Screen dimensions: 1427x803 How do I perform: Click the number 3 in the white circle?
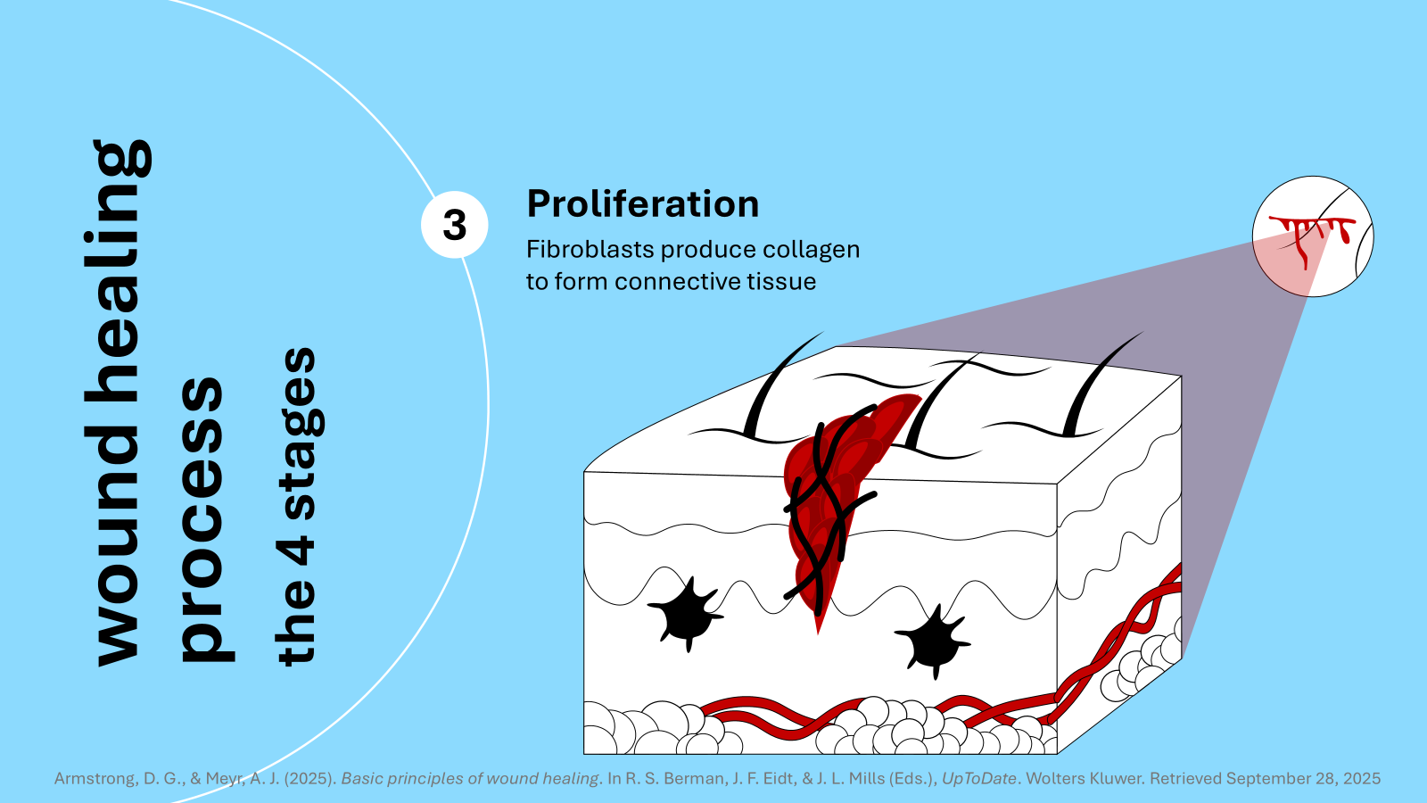455,225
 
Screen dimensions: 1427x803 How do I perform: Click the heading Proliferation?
642,204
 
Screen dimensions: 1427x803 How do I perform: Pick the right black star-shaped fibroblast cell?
933,639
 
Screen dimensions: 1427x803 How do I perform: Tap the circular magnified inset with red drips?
1313,236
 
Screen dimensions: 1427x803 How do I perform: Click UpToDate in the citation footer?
978,778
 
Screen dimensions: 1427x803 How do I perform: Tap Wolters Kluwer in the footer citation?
1084,778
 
